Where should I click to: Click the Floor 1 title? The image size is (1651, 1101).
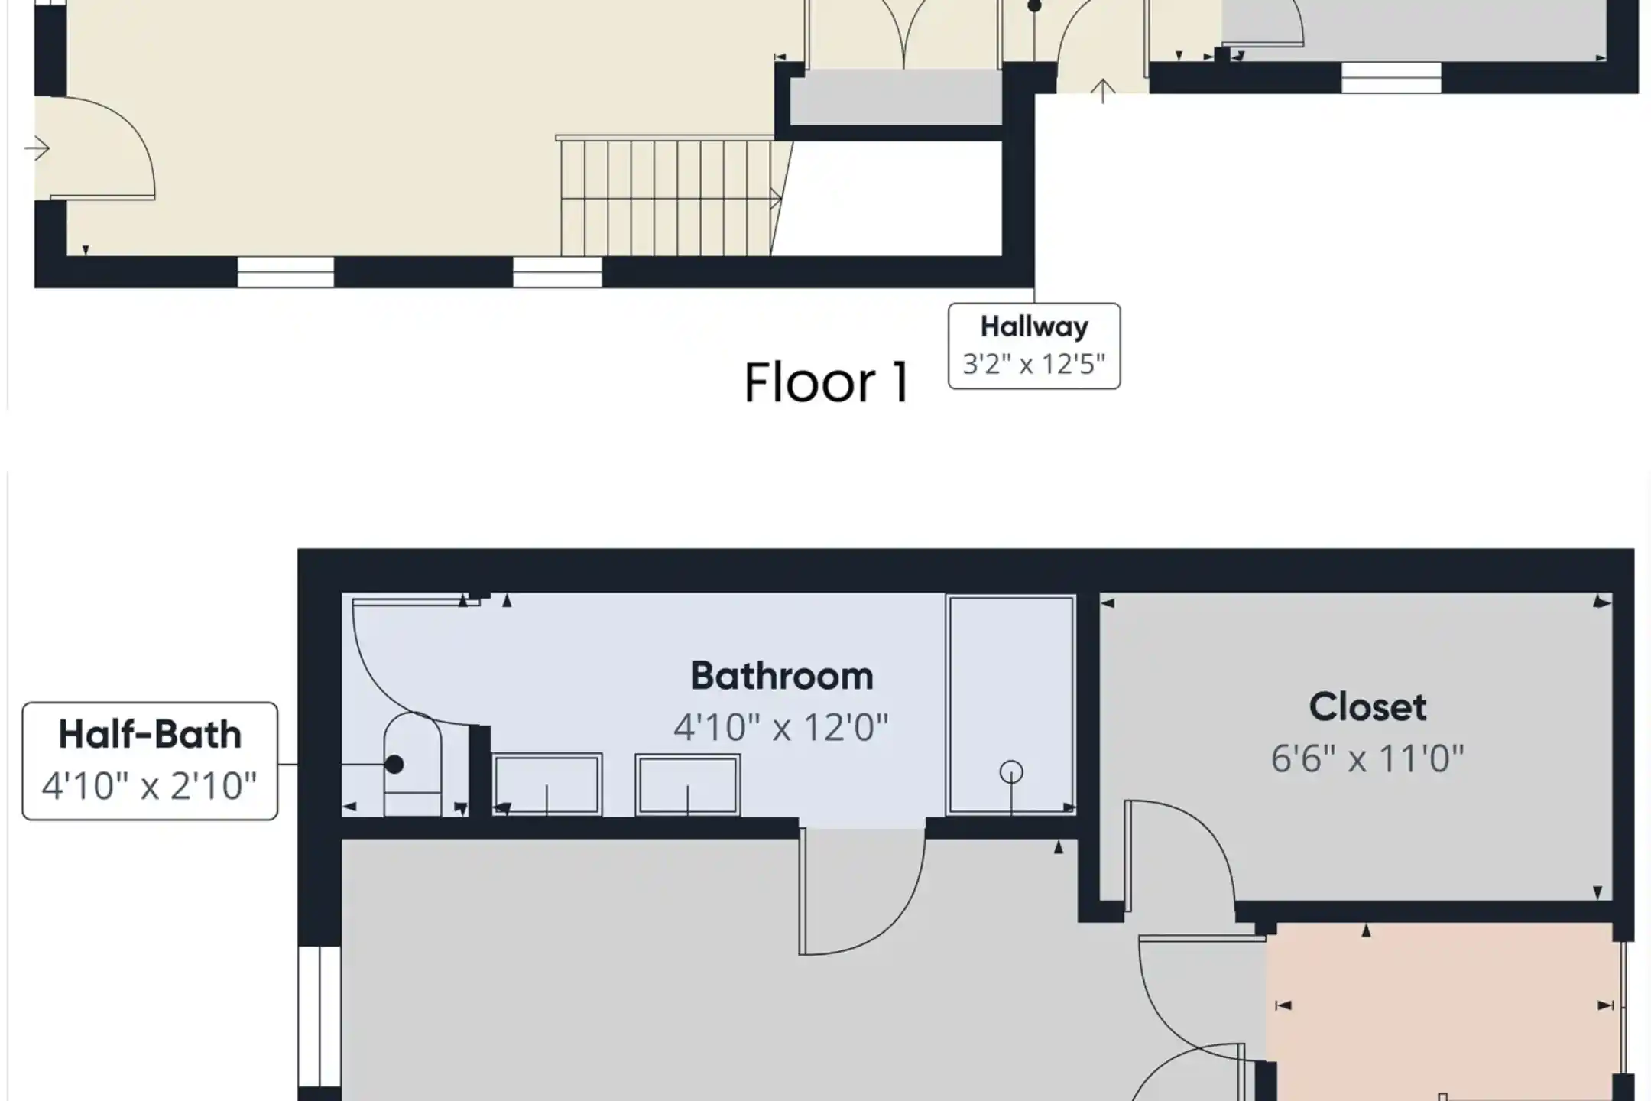point(827,382)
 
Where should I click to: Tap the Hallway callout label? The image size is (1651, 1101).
point(1034,346)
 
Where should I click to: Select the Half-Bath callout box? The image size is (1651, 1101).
point(150,761)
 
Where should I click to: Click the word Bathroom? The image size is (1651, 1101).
point(781,676)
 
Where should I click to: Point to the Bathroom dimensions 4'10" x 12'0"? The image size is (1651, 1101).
point(781,727)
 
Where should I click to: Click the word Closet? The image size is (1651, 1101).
point(1367,707)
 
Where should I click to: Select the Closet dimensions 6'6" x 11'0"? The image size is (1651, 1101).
point(1367,759)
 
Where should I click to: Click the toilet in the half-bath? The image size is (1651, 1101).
point(412,764)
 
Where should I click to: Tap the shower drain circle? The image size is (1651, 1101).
point(1011,772)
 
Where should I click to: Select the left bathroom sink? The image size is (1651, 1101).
point(547,784)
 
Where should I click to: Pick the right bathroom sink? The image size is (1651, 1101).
point(687,784)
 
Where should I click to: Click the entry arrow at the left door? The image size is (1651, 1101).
point(37,148)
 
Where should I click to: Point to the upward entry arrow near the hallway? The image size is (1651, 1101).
point(1102,91)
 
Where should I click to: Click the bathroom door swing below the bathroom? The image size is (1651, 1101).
point(863,892)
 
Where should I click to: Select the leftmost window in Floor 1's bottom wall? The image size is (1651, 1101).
point(286,272)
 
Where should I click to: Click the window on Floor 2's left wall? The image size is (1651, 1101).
point(319,1016)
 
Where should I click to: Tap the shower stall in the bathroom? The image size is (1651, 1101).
point(1011,705)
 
